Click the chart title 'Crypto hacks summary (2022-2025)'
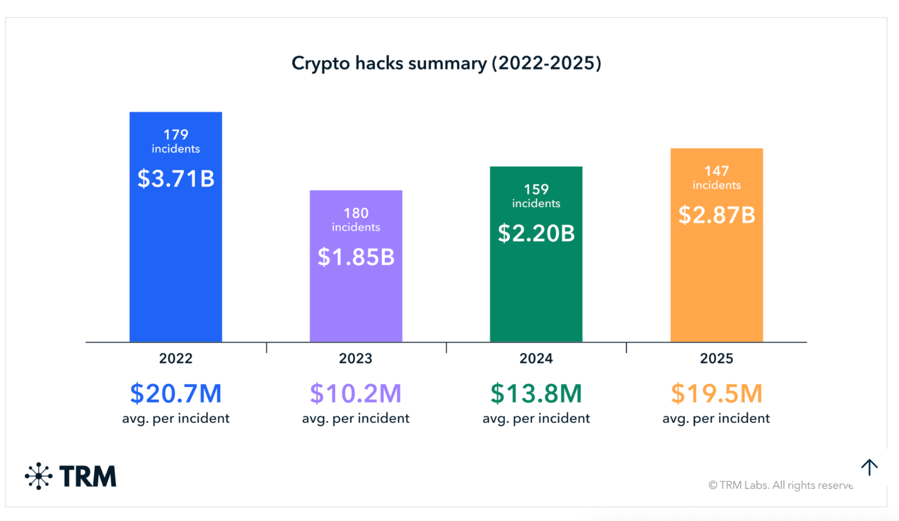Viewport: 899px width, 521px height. tap(446, 63)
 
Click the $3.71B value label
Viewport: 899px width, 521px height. tap(176, 178)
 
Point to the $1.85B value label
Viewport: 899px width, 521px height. tap(356, 257)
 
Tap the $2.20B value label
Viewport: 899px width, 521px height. tap(536, 233)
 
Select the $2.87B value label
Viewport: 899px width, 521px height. tap(716, 215)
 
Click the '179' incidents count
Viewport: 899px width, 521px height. tap(176, 135)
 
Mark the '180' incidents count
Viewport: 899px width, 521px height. tap(356, 213)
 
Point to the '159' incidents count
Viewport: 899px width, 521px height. tap(536, 189)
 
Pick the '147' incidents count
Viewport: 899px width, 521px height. tap(716, 171)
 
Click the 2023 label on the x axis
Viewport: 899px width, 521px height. tap(356, 359)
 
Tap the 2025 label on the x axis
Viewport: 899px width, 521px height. tap(716, 359)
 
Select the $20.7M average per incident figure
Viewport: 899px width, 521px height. tap(176, 393)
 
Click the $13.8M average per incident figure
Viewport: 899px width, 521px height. tap(536, 393)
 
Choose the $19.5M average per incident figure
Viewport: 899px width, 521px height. tap(716, 393)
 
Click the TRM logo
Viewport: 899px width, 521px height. tap(70, 477)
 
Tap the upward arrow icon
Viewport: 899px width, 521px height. tap(869, 467)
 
